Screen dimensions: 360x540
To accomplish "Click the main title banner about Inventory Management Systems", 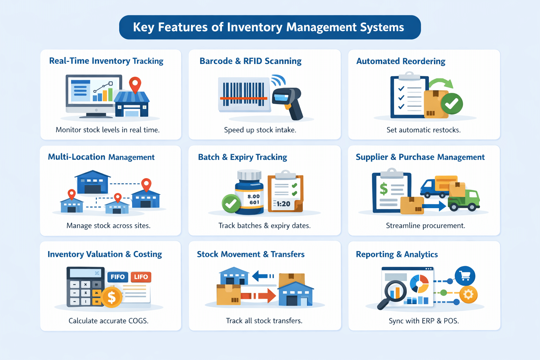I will click(270, 27).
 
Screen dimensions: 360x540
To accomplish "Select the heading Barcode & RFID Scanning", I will click(250, 61).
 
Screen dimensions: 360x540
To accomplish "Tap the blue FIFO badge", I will click(117, 277).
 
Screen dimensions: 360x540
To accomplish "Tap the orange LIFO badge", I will click(141, 277).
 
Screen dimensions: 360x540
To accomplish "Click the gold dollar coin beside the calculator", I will click(111, 297).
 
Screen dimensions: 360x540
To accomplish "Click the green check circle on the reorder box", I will click(452, 103).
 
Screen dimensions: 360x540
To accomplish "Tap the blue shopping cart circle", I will click(465, 276).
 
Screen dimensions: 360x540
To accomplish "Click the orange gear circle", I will click(468, 294).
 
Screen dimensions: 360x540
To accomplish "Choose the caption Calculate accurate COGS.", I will click(108, 321).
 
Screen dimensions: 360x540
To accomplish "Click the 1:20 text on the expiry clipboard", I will click(283, 204).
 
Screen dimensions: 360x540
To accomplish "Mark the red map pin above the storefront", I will click(135, 84).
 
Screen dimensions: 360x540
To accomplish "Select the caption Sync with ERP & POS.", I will click(424, 321).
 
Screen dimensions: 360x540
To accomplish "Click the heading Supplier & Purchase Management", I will click(420, 157).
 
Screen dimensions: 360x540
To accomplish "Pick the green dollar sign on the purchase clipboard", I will click(384, 189).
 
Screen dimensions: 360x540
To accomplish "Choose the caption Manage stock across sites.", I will click(108, 226).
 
